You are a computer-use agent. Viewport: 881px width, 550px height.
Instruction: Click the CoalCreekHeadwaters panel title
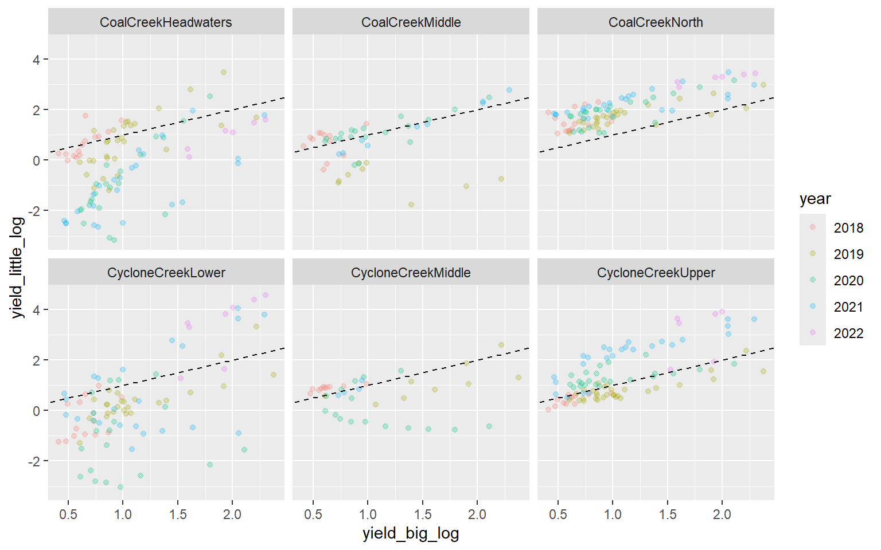pyautogui.click(x=166, y=22)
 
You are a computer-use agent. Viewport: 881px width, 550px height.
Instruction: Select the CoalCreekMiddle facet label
pyautogui.click(x=411, y=22)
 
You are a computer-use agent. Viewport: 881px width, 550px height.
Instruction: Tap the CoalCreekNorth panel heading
pyautogui.click(x=656, y=22)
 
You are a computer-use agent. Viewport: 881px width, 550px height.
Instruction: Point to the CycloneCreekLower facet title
pyautogui.click(x=166, y=273)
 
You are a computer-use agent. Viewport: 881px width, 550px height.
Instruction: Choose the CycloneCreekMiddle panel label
pyautogui.click(x=411, y=273)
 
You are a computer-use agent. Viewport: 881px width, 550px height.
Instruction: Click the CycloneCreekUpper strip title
pyautogui.click(x=656, y=273)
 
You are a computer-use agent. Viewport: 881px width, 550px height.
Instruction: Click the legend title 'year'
pyautogui.click(x=815, y=199)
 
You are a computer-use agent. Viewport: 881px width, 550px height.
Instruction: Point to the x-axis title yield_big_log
pyautogui.click(x=411, y=534)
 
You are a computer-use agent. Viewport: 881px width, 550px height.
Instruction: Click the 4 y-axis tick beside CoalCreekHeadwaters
pyautogui.click(x=37, y=60)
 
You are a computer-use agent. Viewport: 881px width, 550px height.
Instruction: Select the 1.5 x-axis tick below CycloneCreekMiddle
pyautogui.click(x=423, y=514)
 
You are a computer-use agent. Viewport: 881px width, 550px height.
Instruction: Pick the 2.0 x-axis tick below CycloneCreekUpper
pyautogui.click(x=722, y=514)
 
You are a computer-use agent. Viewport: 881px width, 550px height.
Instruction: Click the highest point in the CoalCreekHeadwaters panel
pyautogui.click(x=224, y=72)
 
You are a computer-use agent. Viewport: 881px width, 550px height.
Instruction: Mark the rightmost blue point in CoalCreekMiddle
pyautogui.click(x=509, y=90)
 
